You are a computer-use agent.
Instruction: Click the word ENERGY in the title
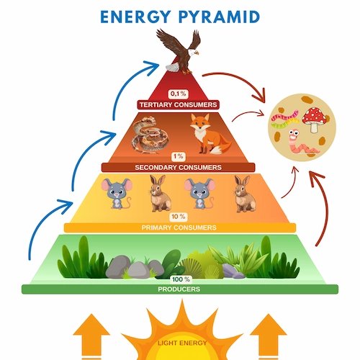point(135,16)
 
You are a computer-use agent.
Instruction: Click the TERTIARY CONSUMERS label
point(178,104)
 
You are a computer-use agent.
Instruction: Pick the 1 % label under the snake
point(178,156)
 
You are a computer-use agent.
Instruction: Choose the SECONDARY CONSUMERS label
point(178,167)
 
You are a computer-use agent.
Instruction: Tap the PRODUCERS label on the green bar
point(179,289)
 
